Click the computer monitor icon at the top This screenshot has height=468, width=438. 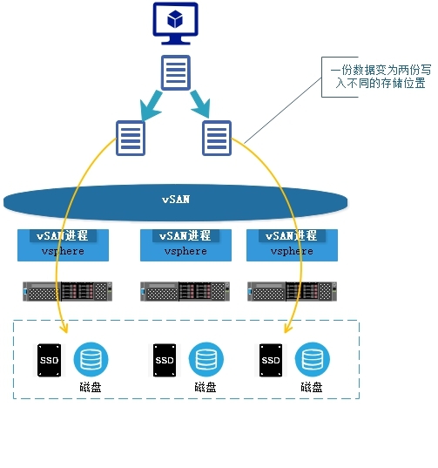[x=175, y=24]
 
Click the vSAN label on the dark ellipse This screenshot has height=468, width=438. [x=176, y=200]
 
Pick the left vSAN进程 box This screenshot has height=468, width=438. [x=64, y=244]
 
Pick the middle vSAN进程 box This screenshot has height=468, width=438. [x=185, y=244]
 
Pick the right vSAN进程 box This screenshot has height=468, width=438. [x=292, y=244]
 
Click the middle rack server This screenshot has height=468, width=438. [x=185, y=290]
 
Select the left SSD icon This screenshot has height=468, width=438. [x=50, y=359]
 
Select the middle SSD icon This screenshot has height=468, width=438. [x=165, y=359]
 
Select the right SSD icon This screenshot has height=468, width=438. [x=271, y=359]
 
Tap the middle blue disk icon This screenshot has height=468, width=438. [x=206, y=359]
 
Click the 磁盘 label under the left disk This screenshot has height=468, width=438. [x=90, y=388]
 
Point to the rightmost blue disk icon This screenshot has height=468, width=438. [x=312, y=359]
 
